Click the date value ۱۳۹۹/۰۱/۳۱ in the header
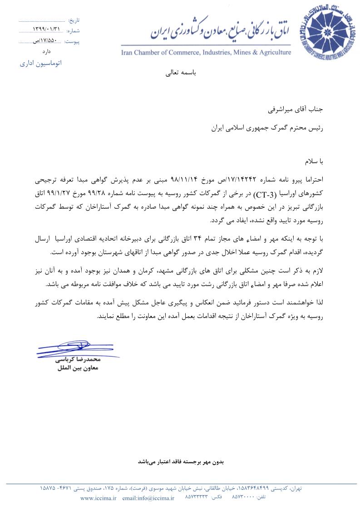tap(46, 29)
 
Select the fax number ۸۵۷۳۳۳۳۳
tap(197, 498)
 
